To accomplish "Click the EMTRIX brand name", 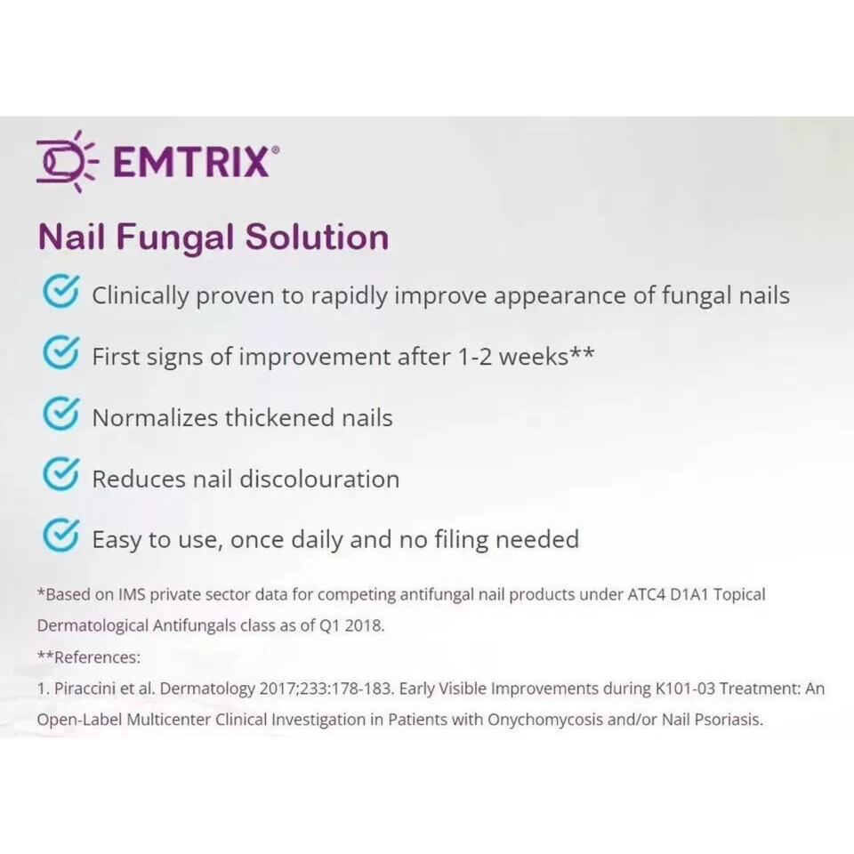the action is [x=192, y=161].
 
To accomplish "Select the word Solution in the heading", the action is [x=317, y=238].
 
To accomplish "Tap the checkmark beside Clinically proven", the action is [x=61, y=292].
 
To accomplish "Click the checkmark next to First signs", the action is [x=61, y=352].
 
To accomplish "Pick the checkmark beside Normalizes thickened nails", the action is [x=61, y=414].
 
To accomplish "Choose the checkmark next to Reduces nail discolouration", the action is [x=61, y=474].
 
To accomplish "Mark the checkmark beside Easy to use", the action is [x=61, y=535].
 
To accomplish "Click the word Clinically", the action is [x=141, y=296].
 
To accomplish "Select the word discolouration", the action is [x=319, y=479].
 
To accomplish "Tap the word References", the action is [x=97, y=657].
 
